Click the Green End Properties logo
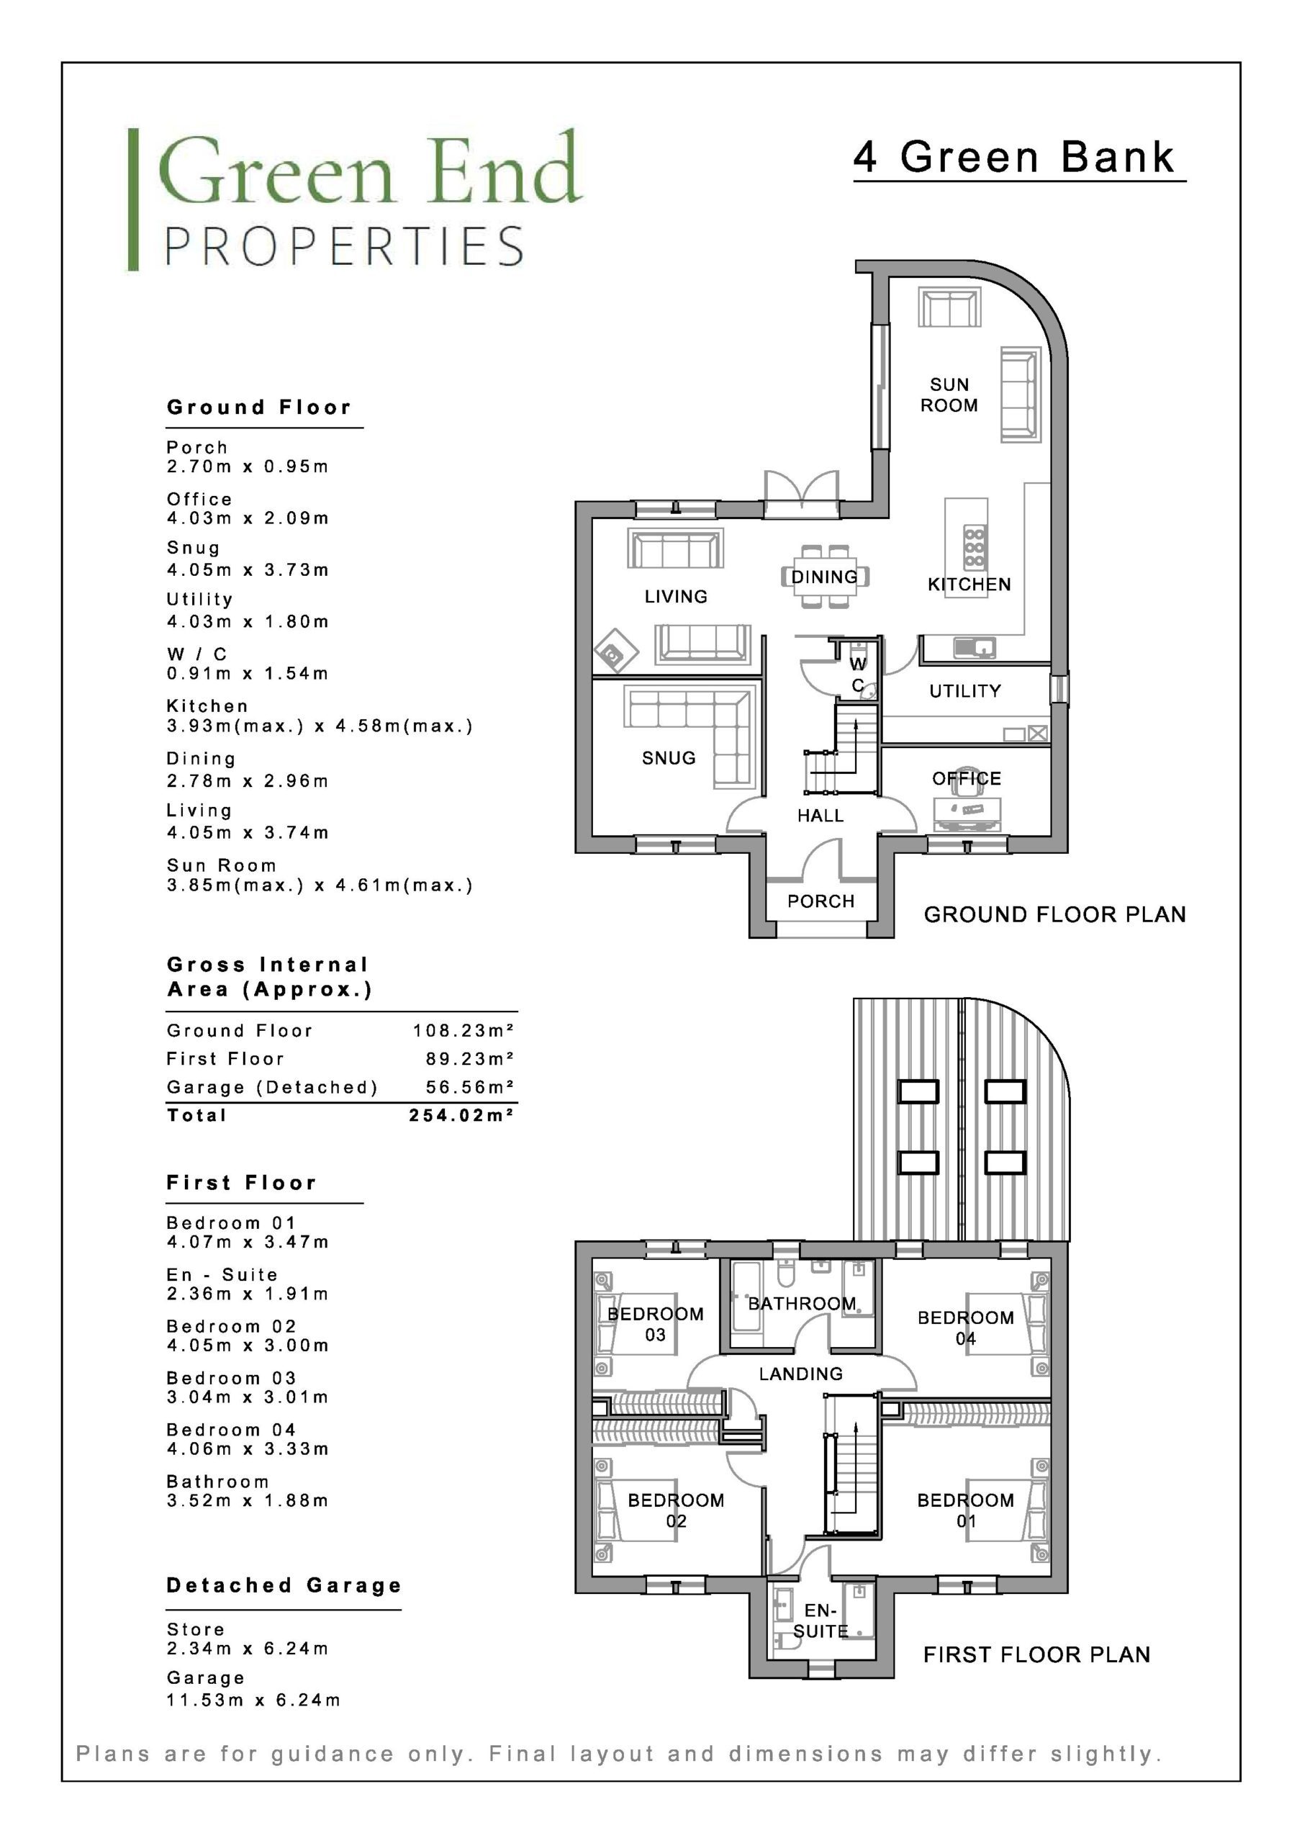355,199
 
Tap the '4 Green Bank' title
1015,158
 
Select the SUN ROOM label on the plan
949,395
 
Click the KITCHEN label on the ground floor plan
969,585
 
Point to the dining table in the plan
826,577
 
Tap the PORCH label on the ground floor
820,901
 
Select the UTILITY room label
965,690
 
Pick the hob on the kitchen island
975,549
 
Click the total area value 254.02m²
461,1115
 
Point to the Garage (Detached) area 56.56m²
471,1087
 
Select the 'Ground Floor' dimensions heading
259,407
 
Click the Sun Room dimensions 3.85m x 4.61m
320,886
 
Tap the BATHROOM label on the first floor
802,1304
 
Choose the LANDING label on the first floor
801,1374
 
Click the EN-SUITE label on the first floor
820,1621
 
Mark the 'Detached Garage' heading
284,1585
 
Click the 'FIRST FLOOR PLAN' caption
1036,1654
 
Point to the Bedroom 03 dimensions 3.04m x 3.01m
248,1397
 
